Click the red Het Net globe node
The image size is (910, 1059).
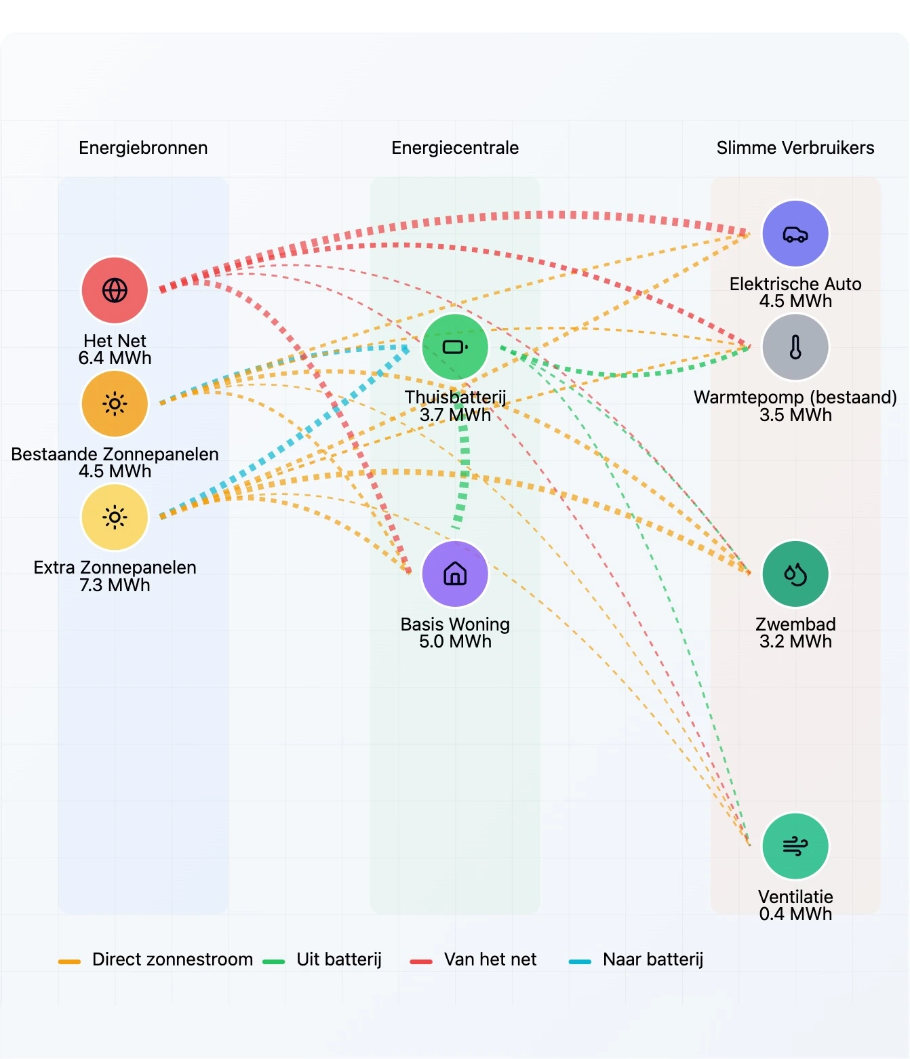click(x=115, y=290)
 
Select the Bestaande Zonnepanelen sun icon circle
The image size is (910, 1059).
click(x=115, y=404)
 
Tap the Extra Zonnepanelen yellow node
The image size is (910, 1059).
click(x=115, y=517)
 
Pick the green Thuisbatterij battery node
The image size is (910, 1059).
click(x=455, y=347)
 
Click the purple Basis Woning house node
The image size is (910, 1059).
click(x=455, y=574)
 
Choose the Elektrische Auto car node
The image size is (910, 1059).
click(x=795, y=234)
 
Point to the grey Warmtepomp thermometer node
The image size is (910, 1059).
click(x=795, y=347)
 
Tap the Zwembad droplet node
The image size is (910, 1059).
click(x=795, y=574)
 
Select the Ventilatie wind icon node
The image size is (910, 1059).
click(x=795, y=846)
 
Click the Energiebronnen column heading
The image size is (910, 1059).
click(x=143, y=148)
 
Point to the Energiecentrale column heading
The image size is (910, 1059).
click(x=455, y=148)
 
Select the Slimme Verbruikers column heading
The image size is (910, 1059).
click(x=795, y=148)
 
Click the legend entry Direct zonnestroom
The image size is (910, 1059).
click(x=172, y=959)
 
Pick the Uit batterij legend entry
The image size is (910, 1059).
click(x=338, y=959)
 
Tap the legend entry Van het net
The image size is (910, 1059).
click(x=490, y=959)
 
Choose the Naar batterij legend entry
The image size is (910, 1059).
click(x=652, y=959)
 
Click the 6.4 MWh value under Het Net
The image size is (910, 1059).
click(x=115, y=358)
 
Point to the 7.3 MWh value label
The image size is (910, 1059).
click(x=115, y=585)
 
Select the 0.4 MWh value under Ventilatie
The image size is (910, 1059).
click(x=795, y=914)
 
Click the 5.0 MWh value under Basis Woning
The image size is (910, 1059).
click(x=455, y=641)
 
